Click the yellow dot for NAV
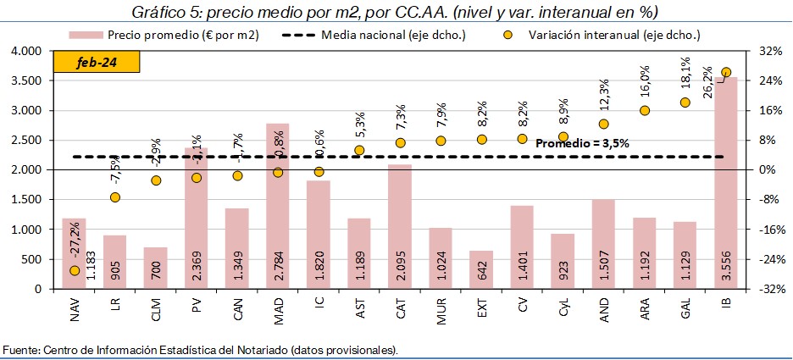pyautogui.click(x=75, y=270)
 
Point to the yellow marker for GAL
pyautogui.click(x=685, y=102)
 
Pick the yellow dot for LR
pyautogui.click(x=115, y=197)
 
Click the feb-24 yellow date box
pyautogui.click(x=95, y=64)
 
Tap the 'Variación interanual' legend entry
pyautogui.click(x=615, y=35)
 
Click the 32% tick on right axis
pyautogui.click(x=769, y=52)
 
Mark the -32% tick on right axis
pyautogui.click(x=768, y=289)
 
